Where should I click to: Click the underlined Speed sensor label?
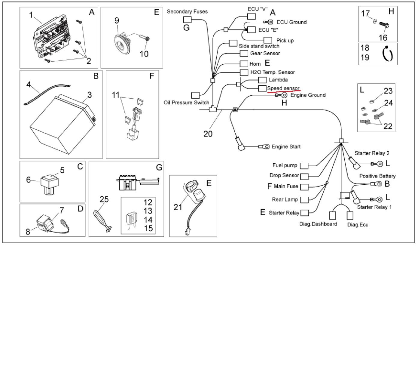point(283,88)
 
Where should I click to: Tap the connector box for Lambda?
point(262,80)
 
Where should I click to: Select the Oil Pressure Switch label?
point(186,102)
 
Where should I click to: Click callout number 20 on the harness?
point(208,134)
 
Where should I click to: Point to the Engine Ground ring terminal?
point(284,95)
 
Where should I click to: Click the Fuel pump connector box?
point(304,166)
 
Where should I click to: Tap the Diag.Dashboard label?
point(318,224)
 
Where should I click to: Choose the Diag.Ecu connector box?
point(350,216)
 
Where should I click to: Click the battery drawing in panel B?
point(63,124)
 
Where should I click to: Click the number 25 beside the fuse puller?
point(104,199)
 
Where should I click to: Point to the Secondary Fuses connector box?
point(187,20)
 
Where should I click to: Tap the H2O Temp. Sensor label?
point(272,72)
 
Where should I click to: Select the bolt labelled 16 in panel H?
point(384,25)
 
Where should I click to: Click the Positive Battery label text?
point(377,176)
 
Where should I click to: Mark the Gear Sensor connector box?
point(244,53)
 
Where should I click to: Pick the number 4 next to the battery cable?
point(29,85)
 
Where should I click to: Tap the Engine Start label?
point(286,146)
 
